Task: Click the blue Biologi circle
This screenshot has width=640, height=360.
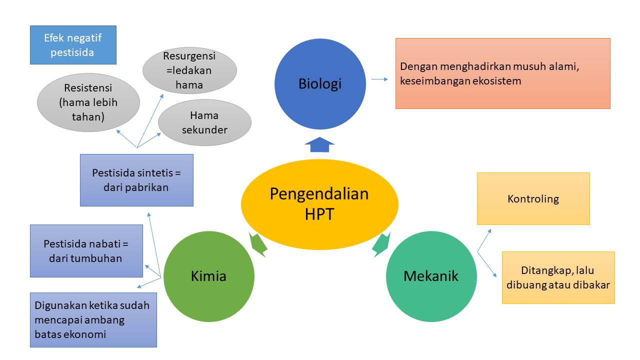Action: (x=320, y=84)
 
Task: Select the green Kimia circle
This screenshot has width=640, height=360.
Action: (x=209, y=276)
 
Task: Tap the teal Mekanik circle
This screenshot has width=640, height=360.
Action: (x=431, y=276)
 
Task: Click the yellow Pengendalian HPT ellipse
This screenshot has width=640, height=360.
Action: (x=319, y=204)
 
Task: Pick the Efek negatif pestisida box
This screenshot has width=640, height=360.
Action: (x=73, y=45)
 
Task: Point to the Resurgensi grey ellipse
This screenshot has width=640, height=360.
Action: (x=189, y=70)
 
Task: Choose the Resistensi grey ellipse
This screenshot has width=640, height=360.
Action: (x=88, y=102)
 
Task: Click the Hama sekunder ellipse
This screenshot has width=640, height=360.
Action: (x=204, y=122)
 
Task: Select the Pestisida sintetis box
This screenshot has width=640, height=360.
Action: (x=136, y=180)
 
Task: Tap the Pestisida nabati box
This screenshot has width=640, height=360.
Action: (x=86, y=251)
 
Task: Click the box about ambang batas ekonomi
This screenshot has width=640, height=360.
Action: (x=93, y=319)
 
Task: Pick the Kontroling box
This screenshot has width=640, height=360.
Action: (x=533, y=198)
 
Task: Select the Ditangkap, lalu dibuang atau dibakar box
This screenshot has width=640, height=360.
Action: (x=558, y=277)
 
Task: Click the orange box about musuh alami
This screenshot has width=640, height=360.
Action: (x=503, y=73)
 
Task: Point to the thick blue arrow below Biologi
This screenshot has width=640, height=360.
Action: (x=319, y=144)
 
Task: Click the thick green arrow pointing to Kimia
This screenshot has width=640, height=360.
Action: (x=257, y=244)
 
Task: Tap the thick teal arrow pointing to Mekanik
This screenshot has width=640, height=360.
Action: (x=381, y=244)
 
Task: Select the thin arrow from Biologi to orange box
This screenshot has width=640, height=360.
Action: (x=379, y=79)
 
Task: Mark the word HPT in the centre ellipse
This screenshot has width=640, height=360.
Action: (x=319, y=214)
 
